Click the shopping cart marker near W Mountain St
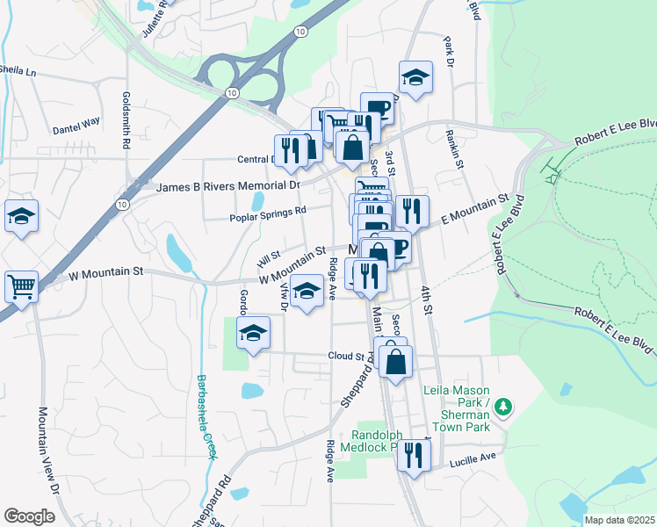21,286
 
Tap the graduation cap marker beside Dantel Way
21,217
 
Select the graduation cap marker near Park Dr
415,78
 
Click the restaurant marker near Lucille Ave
414,455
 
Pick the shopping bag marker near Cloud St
396,361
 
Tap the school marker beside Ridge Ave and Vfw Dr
307,291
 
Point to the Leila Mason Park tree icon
503,406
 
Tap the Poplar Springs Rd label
268,211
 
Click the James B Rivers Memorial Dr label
227,186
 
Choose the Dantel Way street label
77,128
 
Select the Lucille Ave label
473,457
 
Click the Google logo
29,516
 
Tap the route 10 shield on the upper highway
301,31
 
